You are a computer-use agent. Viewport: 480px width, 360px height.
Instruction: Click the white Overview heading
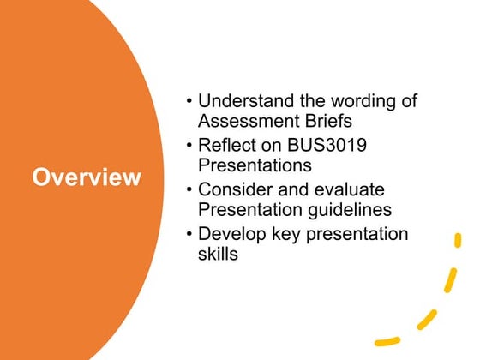[x=87, y=177]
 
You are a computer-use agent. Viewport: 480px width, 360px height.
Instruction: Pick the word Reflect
[x=225, y=145]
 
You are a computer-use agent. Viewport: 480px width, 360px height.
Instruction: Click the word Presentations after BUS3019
[x=255, y=165]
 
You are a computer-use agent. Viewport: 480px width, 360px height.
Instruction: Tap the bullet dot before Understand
[x=189, y=102]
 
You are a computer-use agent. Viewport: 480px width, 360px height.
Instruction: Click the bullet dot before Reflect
[x=189, y=146]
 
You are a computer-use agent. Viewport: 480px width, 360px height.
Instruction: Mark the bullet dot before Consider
[x=189, y=190]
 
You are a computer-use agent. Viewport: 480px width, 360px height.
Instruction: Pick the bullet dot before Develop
[x=189, y=235]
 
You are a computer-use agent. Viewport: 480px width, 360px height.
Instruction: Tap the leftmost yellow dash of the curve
[x=388, y=339]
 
